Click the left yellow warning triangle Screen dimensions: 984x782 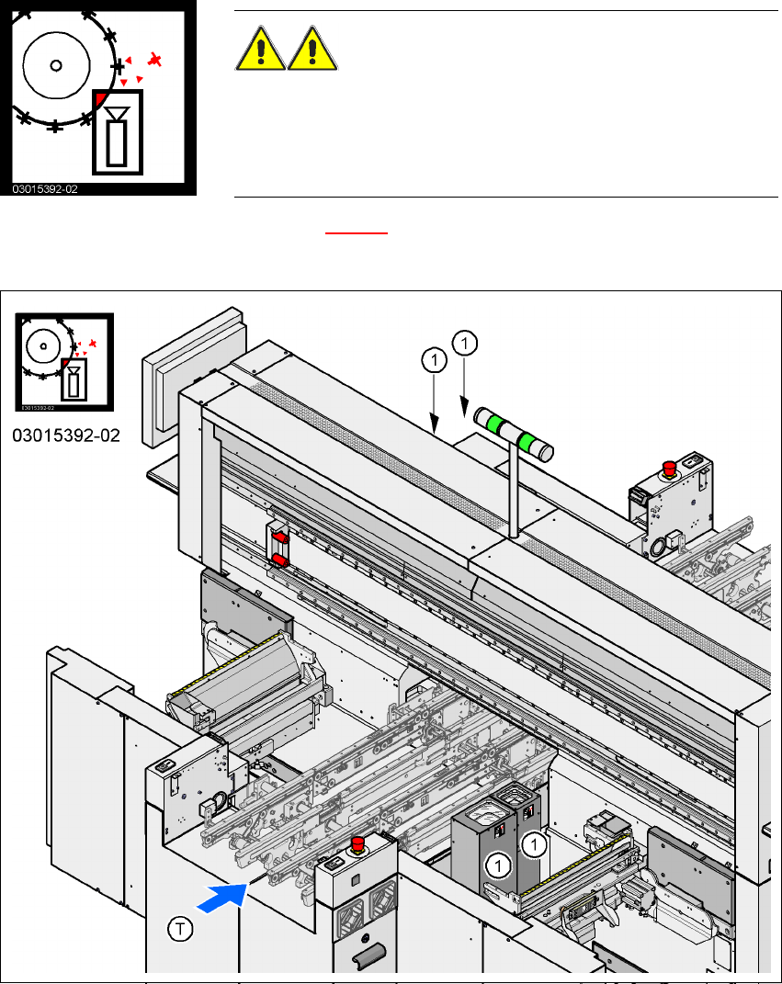[x=261, y=49]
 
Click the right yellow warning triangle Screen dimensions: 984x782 [x=313, y=49]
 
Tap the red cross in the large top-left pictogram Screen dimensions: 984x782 [x=156, y=61]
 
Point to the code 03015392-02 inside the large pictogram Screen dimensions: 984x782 [x=45, y=188]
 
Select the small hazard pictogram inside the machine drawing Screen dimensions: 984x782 [x=65, y=362]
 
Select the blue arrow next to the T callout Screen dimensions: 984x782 [x=221, y=898]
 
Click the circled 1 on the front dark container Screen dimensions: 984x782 [x=498, y=864]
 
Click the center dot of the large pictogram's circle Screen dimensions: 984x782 [x=56, y=65]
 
